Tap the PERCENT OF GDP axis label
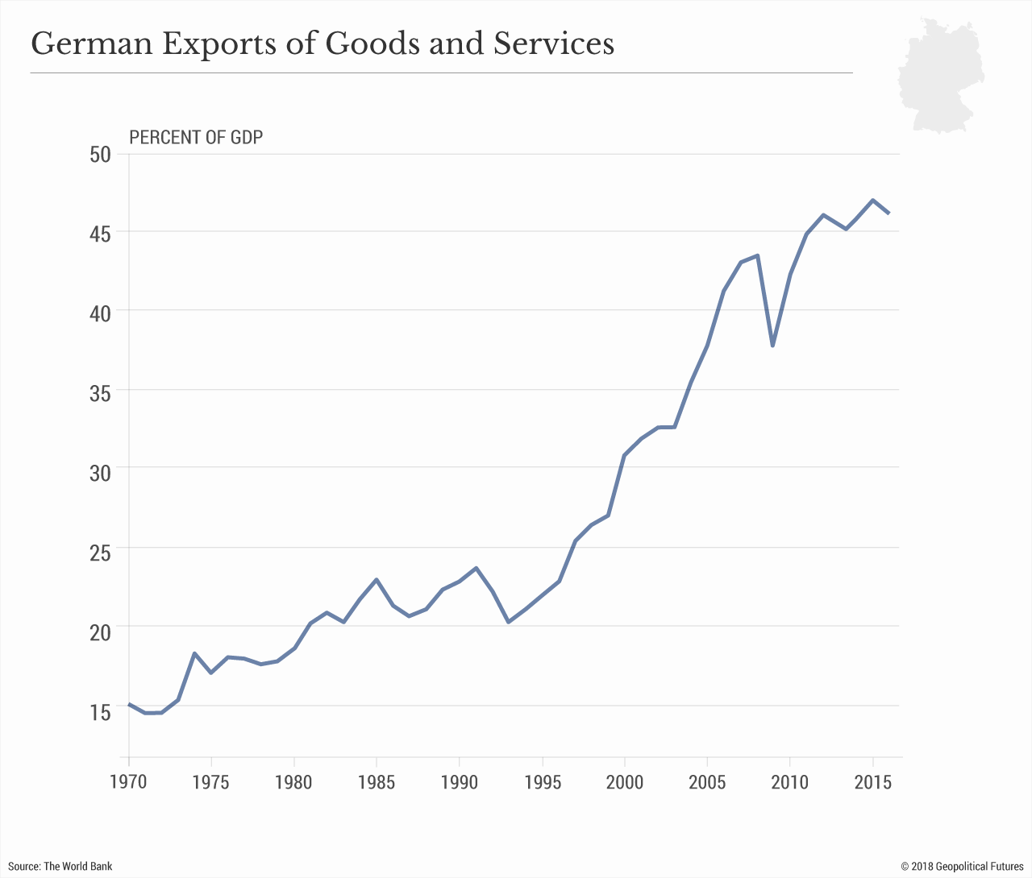pyautogui.click(x=196, y=137)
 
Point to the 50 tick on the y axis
pyautogui.click(x=100, y=154)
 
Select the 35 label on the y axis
pyautogui.click(x=100, y=391)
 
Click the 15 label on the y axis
pyautogui.click(x=100, y=713)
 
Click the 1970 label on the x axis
pyautogui.click(x=129, y=782)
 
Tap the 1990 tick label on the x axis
pyautogui.click(x=460, y=782)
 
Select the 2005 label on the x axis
pyautogui.click(x=708, y=782)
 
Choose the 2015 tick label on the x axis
pyautogui.click(x=872, y=782)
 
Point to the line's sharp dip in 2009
pyautogui.click(x=772, y=346)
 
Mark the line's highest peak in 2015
pyautogui.click(x=873, y=200)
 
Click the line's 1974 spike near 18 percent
pyautogui.click(x=194, y=653)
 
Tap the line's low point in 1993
pyautogui.click(x=509, y=622)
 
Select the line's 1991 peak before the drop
pyautogui.click(x=476, y=568)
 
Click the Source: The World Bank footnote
pyautogui.click(x=60, y=866)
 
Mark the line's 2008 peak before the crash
pyautogui.click(x=757, y=255)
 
